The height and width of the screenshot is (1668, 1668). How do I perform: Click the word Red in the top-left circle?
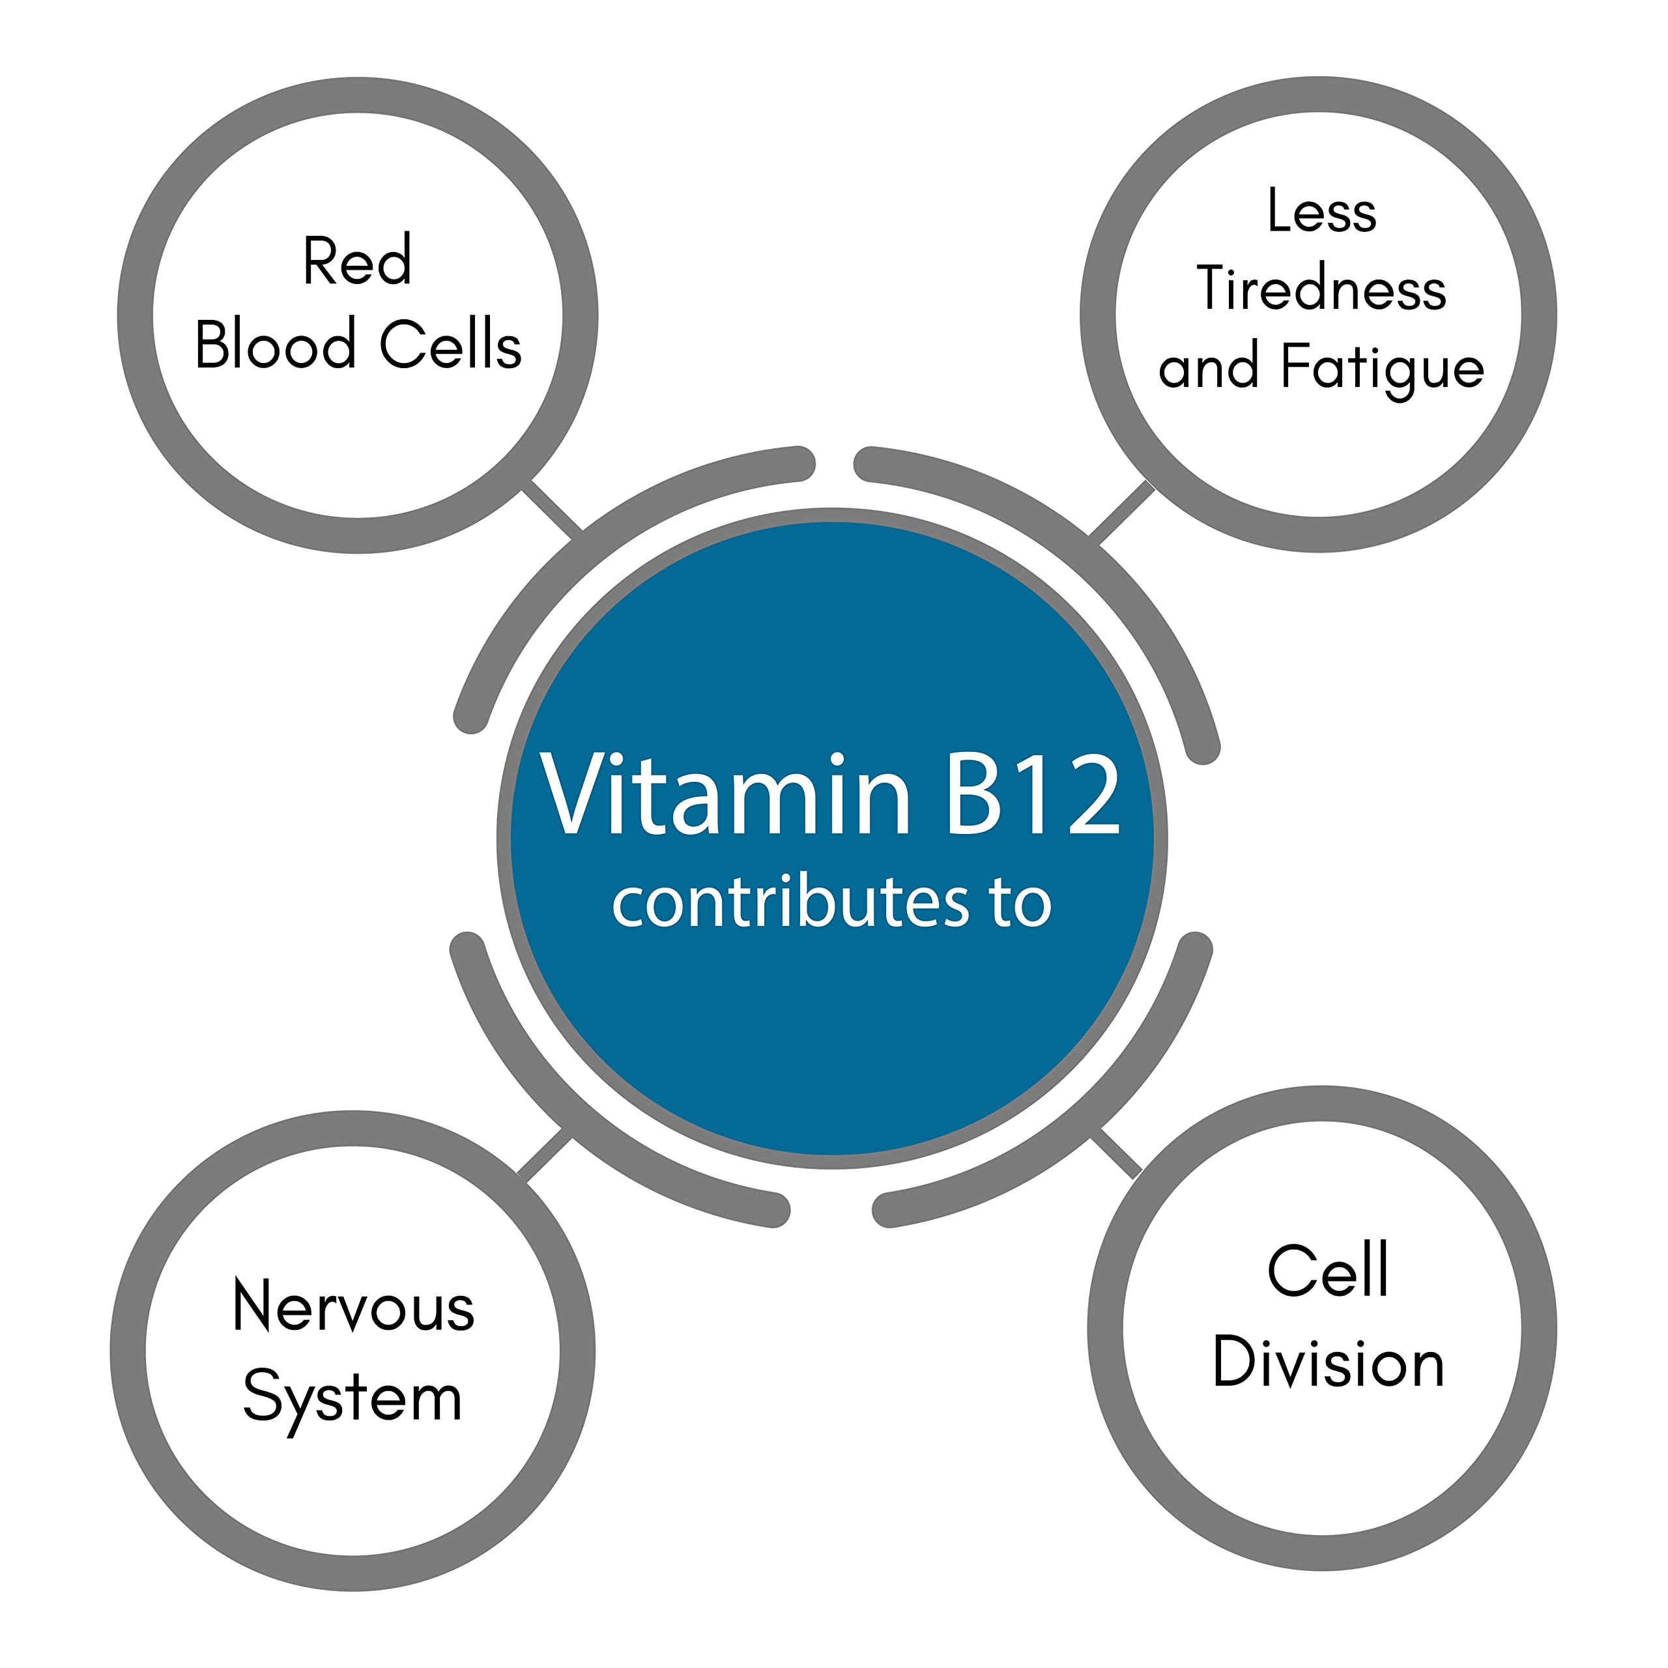[356, 260]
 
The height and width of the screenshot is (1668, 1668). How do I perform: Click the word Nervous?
[353, 1306]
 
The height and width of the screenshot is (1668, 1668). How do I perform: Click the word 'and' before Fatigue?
[1208, 367]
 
